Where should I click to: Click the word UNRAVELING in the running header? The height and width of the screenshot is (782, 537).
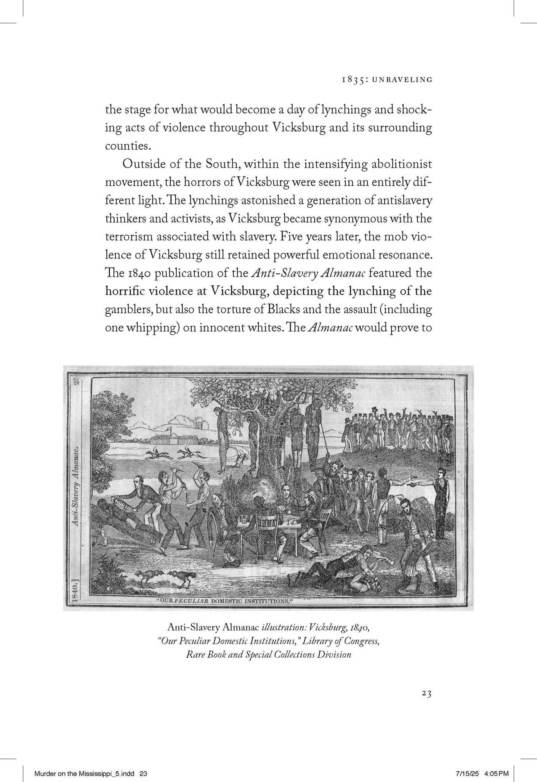402,80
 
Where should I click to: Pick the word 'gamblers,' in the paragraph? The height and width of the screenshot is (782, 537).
129,309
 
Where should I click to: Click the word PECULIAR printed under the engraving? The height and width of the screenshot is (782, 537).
191,601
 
